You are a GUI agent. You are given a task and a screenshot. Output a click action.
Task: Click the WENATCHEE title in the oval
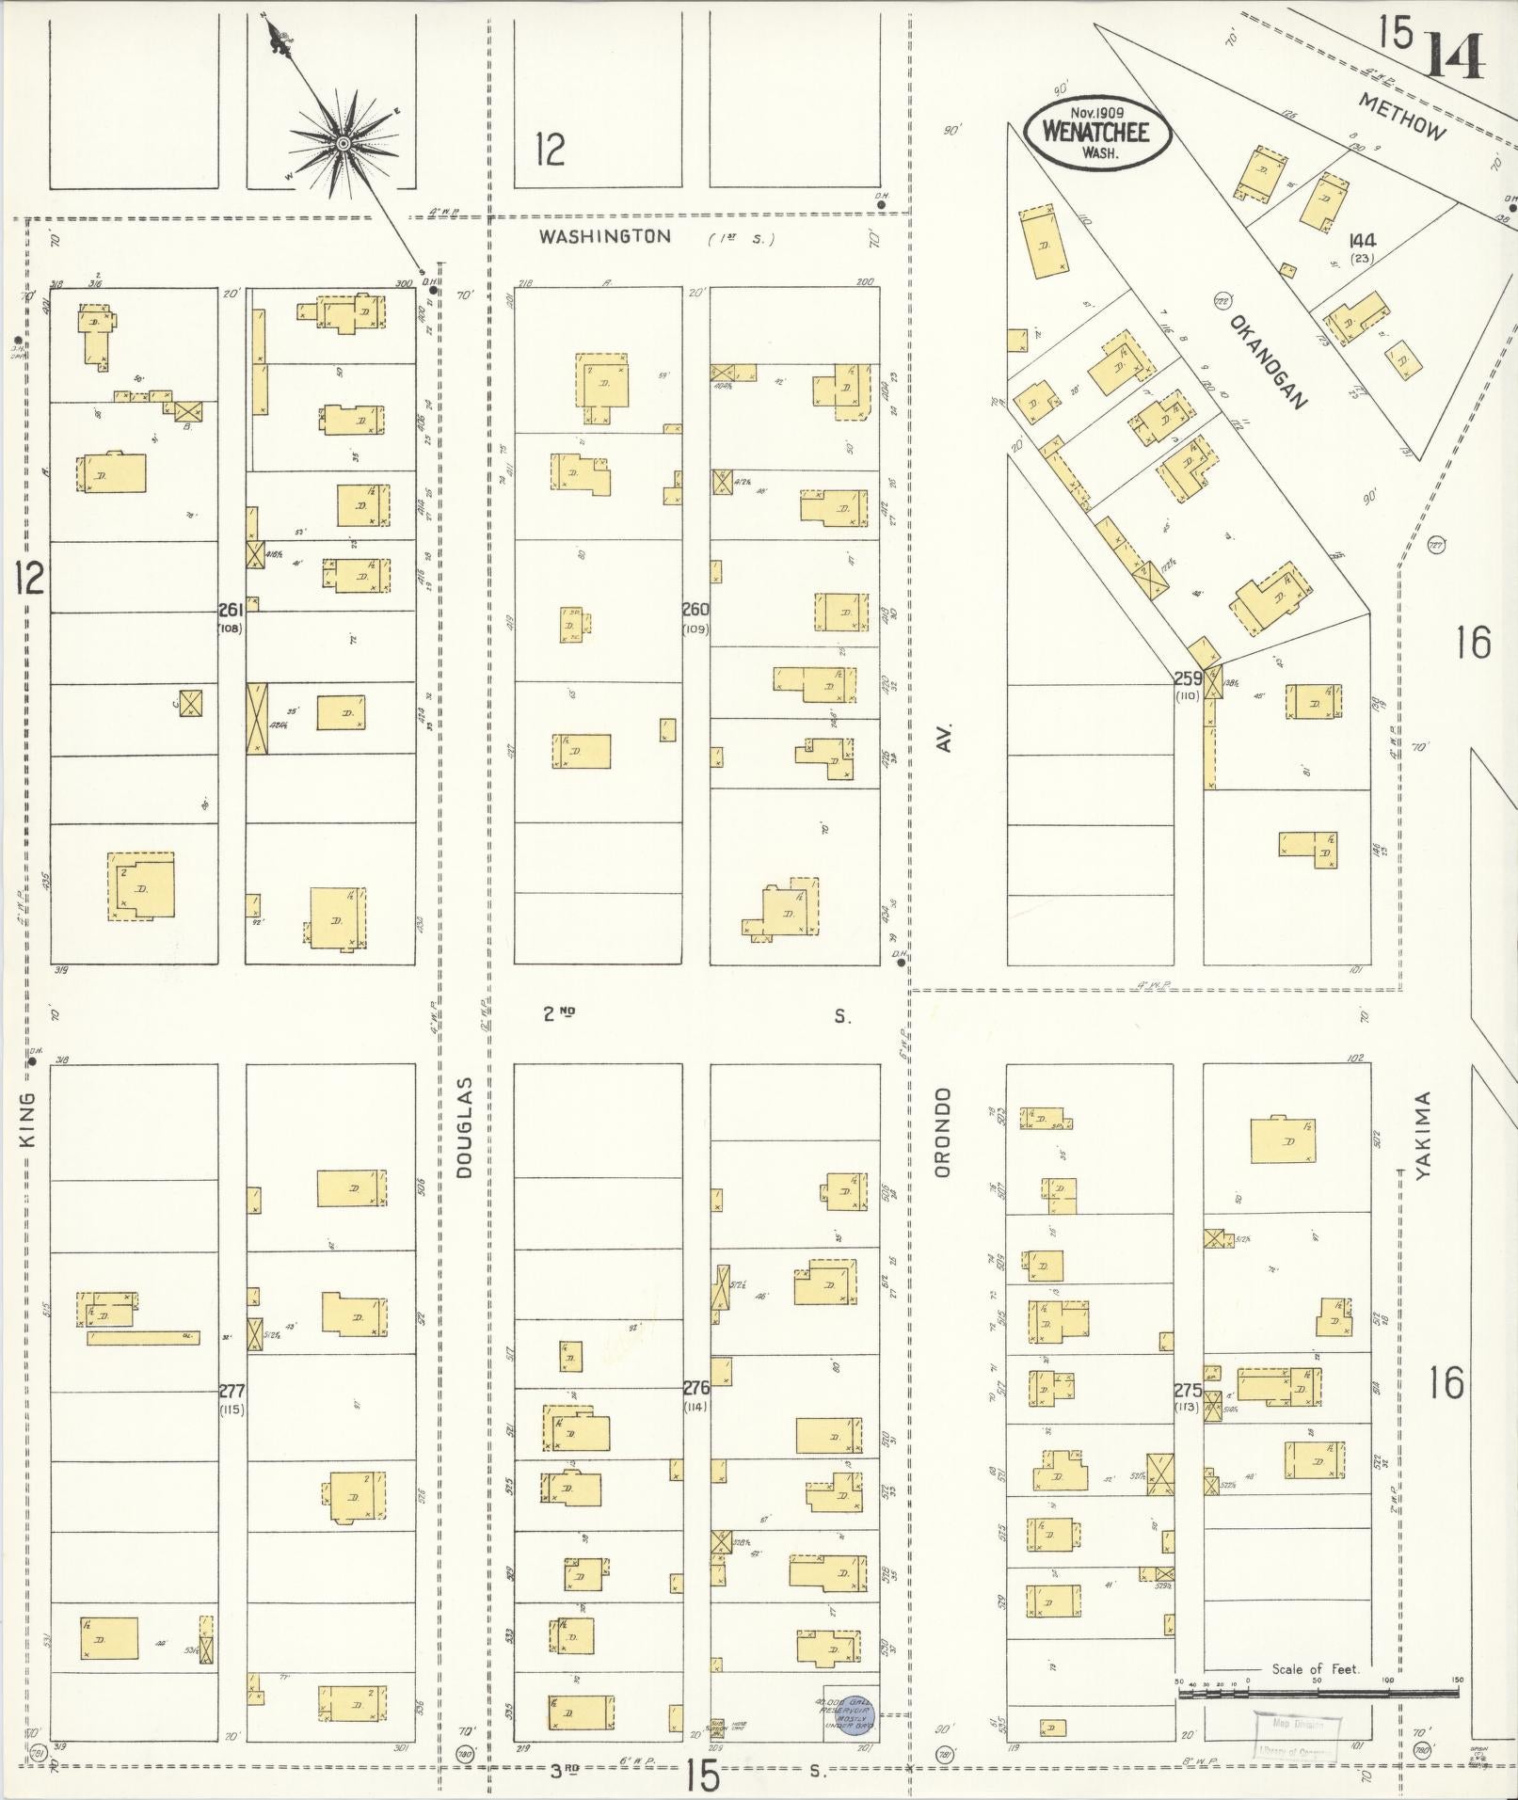1096,132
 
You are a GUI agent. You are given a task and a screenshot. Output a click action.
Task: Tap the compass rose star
343,143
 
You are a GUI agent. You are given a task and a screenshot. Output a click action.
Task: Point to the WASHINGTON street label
605,237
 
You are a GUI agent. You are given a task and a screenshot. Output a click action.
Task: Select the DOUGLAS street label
463,1128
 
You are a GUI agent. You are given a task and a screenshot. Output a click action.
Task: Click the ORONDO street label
945,1132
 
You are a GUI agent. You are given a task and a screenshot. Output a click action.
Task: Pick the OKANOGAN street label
1268,362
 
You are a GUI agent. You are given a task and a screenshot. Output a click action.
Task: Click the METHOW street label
1401,117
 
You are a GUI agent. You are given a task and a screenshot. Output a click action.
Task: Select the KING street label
26,1119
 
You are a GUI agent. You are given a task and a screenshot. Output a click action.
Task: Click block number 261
231,610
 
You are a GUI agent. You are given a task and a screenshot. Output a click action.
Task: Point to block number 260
695,610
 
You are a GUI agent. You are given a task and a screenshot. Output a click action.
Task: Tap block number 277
231,1391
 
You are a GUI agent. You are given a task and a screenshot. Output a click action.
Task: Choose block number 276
695,1387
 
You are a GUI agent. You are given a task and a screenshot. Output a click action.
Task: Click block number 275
1187,1390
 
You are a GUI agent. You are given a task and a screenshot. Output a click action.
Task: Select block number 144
1362,241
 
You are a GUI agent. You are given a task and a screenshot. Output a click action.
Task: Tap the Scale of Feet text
1315,1669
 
